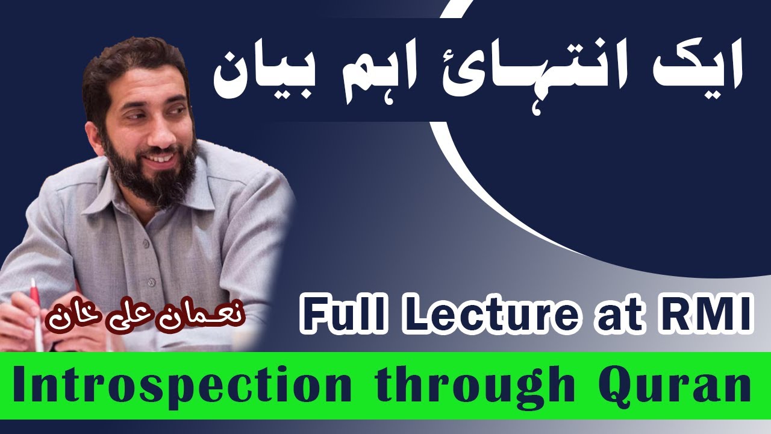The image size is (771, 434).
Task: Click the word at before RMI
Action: [x=617, y=313]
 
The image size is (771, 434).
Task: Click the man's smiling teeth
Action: [x=160, y=158]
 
